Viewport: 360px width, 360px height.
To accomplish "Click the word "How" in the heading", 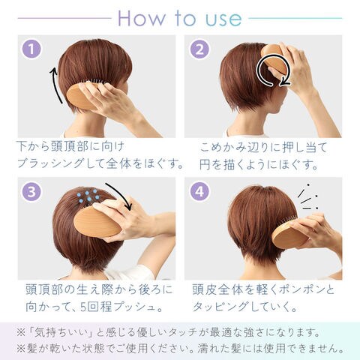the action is [142, 18].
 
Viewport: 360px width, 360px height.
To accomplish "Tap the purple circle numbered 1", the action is [31, 49].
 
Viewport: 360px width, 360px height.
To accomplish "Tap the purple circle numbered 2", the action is [199, 49].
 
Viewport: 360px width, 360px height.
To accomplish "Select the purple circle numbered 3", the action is [31, 192].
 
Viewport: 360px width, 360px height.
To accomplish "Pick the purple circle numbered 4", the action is [199, 192].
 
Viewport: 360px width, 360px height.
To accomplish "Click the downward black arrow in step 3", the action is [121, 196].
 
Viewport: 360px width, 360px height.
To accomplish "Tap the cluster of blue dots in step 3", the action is [87, 195].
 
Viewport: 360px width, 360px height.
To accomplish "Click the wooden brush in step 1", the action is [80, 96].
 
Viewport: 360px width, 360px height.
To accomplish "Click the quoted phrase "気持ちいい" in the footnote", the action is [62, 333].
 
